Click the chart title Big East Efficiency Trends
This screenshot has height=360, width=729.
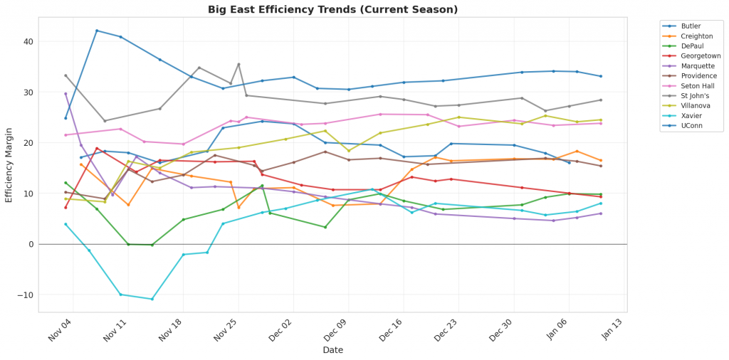click(332, 9)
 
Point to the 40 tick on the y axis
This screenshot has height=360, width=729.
click(28, 41)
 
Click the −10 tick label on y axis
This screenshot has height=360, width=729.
click(26, 295)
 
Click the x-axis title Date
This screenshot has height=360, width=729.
click(332, 350)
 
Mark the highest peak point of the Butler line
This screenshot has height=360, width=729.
click(97, 31)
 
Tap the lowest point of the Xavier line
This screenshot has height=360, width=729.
click(152, 299)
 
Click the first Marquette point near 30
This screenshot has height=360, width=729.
click(65, 94)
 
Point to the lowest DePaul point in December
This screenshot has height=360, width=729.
click(325, 227)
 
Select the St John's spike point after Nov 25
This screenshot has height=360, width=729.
click(238, 64)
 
